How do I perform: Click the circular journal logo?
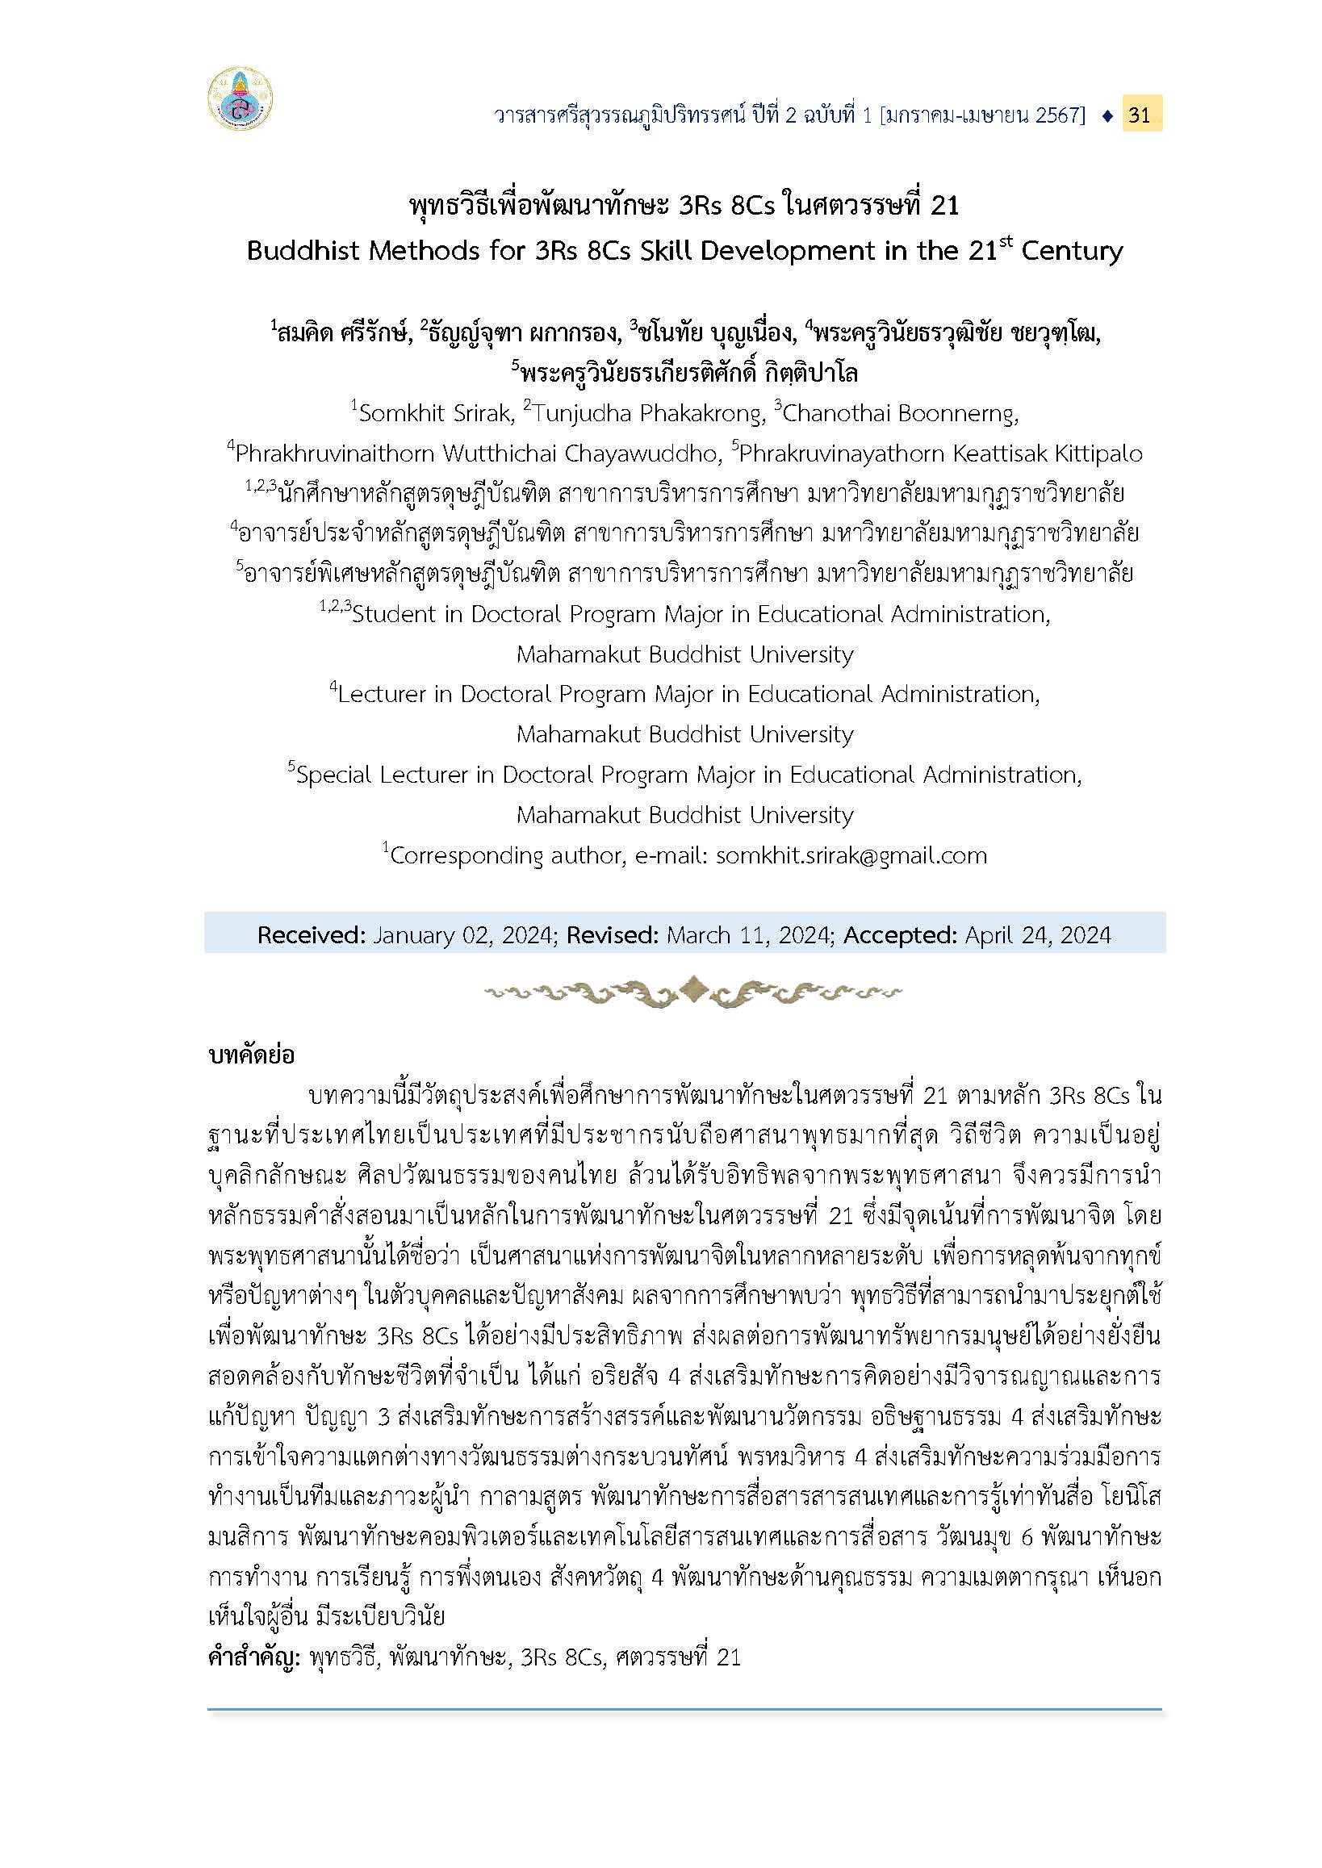(x=241, y=100)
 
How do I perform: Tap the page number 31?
(x=1140, y=115)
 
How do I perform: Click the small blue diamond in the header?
(x=1107, y=115)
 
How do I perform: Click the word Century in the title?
(x=1072, y=250)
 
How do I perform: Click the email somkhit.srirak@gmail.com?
(x=851, y=855)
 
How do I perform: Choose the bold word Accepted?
(x=900, y=935)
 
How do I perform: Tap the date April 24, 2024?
(x=1038, y=935)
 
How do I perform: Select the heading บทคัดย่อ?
(x=252, y=1056)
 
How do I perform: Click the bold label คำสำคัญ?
(x=255, y=1658)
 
